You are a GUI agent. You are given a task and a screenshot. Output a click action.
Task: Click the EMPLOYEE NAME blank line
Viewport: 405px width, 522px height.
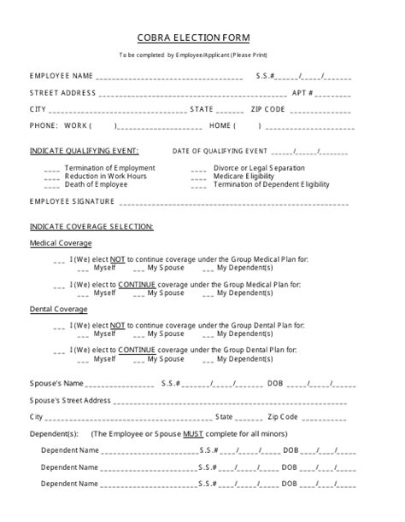click(171, 77)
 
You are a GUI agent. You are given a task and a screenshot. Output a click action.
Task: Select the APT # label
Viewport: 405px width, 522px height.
click(303, 92)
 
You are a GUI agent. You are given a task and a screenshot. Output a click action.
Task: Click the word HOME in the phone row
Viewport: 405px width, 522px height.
click(220, 126)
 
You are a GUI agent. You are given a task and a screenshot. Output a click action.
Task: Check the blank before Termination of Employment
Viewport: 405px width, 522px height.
click(51, 169)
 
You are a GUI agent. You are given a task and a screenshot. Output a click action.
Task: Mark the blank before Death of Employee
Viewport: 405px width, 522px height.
click(51, 185)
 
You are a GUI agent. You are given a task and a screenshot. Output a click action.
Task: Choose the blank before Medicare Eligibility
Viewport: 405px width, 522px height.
click(199, 177)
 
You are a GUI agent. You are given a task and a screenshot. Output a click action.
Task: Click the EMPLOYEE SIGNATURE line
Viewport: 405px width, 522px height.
click(231, 203)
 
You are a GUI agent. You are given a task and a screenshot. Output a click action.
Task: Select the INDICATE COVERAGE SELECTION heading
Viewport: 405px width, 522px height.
click(91, 227)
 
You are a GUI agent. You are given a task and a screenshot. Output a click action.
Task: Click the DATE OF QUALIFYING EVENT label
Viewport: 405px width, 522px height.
click(220, 151)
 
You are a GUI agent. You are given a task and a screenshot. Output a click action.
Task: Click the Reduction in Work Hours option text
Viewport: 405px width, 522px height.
click(104, 177)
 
